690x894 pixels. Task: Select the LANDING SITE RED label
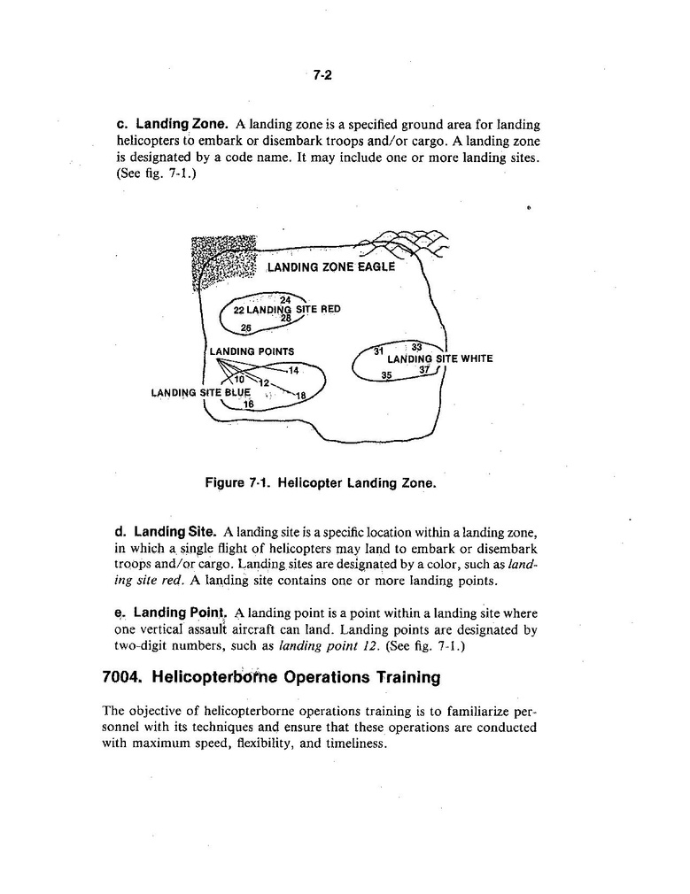286,310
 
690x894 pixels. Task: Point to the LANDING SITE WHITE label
439,358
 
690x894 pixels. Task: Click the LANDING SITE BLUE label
201,392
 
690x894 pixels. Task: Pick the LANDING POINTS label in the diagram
252,351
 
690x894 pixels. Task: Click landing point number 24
285,299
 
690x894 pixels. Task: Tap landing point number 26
246,328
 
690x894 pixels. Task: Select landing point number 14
294,369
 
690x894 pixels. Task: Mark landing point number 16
249,405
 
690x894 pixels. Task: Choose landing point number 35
386,375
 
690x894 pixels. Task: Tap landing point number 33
418,346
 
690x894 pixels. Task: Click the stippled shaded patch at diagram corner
223,258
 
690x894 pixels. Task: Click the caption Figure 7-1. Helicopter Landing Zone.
321,483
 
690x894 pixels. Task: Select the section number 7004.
123,678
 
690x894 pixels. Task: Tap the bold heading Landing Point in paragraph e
181,613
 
